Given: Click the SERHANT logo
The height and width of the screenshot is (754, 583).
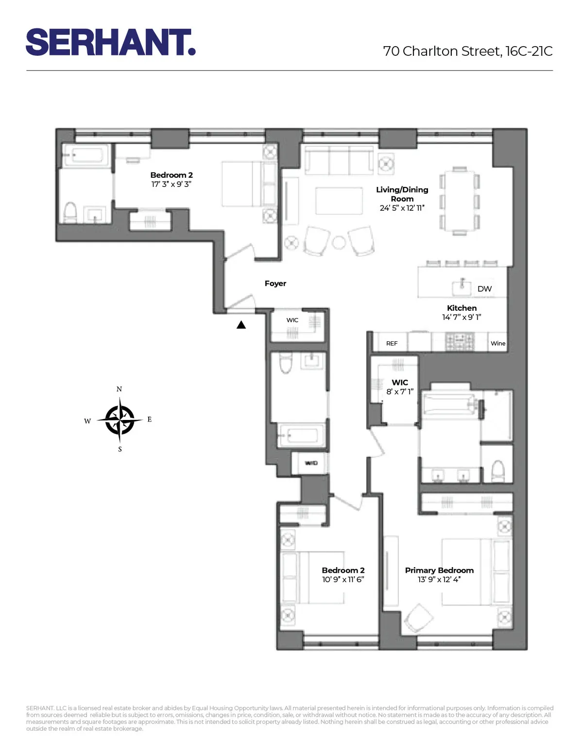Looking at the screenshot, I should (111, 42).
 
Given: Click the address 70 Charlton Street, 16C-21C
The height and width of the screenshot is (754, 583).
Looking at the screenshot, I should (467, 51).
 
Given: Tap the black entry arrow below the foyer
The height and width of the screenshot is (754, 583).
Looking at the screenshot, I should (241, 325).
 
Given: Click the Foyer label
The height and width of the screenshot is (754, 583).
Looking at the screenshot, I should (275, 284).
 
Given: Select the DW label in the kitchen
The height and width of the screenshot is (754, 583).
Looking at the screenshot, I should (484, 289).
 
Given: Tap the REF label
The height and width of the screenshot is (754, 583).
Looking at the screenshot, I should (392, 343).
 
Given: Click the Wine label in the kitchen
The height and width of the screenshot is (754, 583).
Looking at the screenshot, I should (498, 343).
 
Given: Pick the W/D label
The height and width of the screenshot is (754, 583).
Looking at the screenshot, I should (311, 463).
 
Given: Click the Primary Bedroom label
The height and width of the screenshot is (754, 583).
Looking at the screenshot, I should (439, 570).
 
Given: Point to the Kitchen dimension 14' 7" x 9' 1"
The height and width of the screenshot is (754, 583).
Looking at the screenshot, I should (462, 317).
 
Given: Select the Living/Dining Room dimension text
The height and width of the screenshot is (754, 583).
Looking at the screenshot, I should (402, 208).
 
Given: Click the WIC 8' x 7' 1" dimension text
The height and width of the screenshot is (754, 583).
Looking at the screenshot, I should (400, 392).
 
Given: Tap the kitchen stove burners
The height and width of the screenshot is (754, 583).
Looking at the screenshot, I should (460, 341).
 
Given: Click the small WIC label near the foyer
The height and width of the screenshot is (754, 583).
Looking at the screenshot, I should (292, 320).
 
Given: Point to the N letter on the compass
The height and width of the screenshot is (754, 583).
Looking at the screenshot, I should (119, 389).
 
